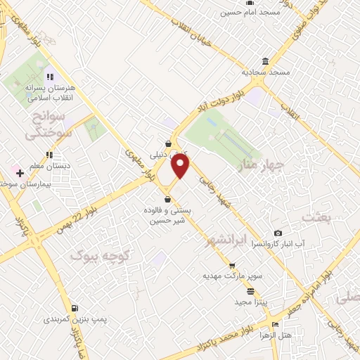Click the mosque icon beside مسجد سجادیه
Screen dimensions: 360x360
point(265,61)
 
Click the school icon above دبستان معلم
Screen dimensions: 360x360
point(49,155)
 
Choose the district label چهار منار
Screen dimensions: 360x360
point(260,167)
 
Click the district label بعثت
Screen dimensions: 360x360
point(316,217)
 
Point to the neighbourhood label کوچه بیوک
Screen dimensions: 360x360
point(95,256)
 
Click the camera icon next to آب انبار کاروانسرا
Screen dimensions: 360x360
point(278,233)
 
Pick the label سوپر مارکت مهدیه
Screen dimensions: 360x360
point(233,275)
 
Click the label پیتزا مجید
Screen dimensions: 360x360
point(250,301)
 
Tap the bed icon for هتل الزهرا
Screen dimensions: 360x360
point(275,325)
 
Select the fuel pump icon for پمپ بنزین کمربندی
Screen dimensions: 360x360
point(75,308)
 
